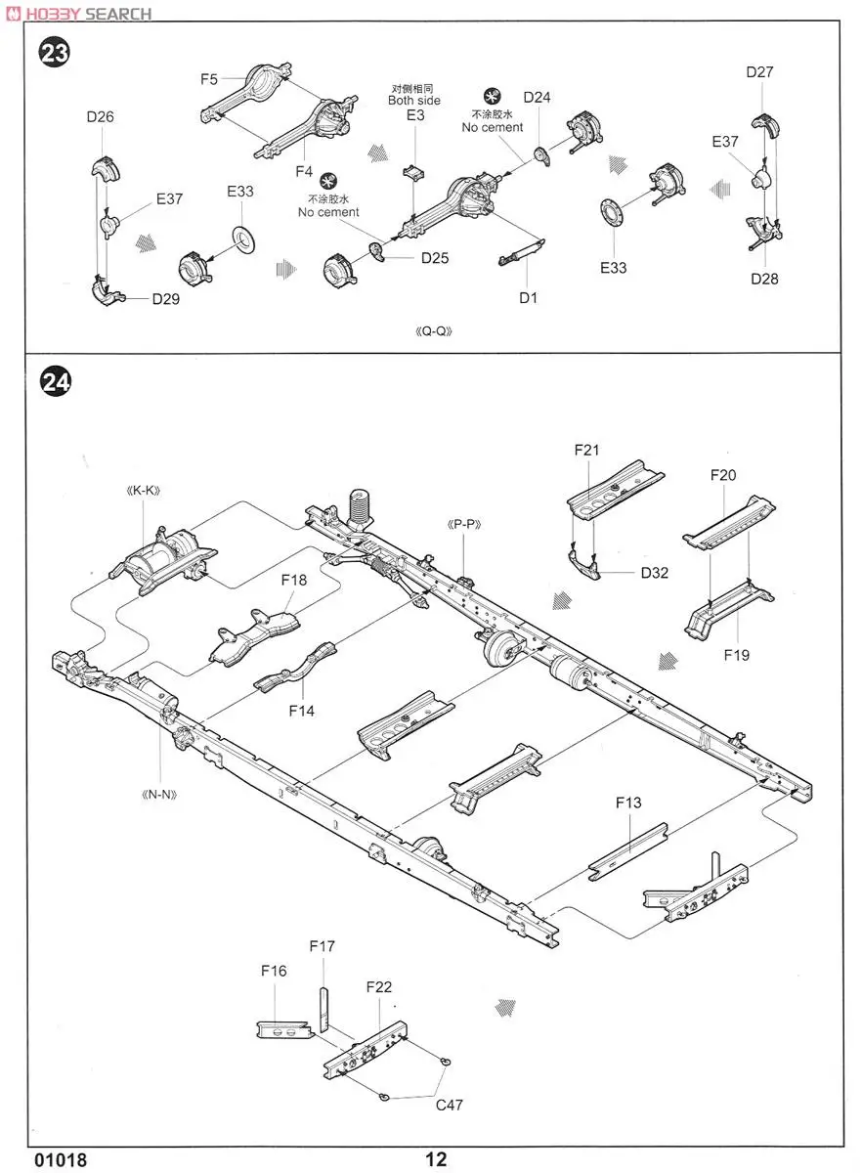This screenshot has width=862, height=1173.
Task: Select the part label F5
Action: coord(209,79)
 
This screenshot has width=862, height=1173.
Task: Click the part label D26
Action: coord(100,116)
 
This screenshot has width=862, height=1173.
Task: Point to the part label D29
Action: coord(165,299)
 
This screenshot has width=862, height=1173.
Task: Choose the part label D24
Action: coord(537,97)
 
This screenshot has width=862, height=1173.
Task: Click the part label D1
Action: coord(529,298)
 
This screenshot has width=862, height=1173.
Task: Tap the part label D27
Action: coord(759,71)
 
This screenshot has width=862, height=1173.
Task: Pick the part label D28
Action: coord(764,279)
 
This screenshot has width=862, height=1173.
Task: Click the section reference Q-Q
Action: coord(431,330)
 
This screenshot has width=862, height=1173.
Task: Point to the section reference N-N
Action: coord(158,794)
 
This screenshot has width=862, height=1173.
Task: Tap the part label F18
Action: coord(293,580)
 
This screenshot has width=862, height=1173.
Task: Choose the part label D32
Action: coord(654,573)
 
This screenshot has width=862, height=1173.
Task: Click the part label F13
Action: coord(628,803)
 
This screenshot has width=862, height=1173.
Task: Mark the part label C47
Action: coord(450,1105)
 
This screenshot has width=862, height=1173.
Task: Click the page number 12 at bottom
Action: coord(436,1159)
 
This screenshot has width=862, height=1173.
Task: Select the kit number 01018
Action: coord(61,1160)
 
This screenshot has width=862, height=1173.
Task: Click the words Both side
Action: coord(414,100)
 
